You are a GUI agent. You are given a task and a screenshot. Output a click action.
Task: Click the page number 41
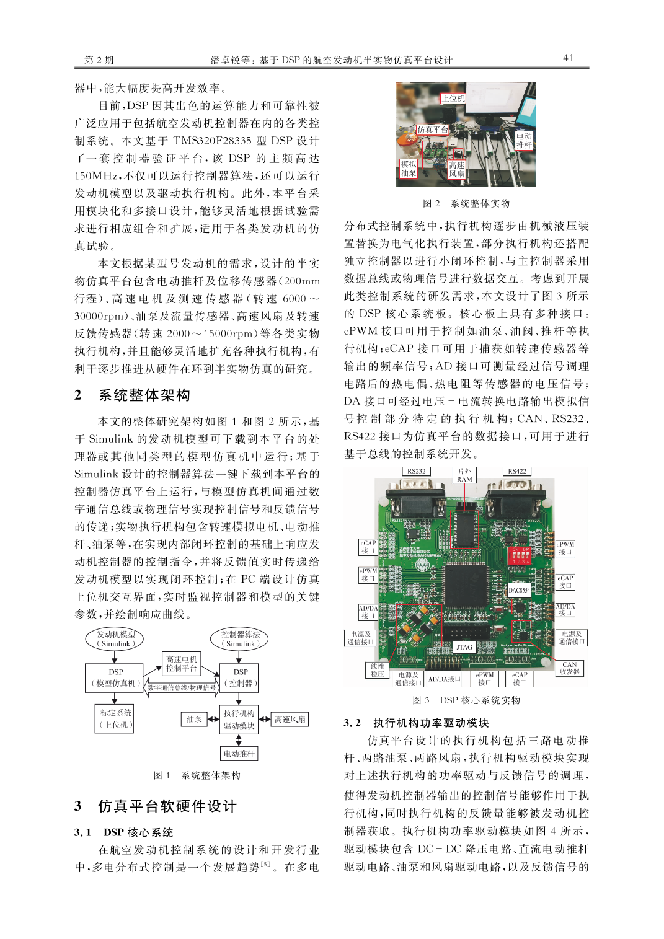pos(568,58)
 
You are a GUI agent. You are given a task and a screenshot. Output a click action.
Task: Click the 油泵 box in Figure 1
pos(194,719)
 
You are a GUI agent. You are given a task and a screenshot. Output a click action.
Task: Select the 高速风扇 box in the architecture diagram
pos(290,719)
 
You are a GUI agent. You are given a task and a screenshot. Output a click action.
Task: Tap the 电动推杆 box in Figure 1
pos(239,754)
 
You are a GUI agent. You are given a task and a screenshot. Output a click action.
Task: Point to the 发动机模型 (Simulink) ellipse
pos(115,639)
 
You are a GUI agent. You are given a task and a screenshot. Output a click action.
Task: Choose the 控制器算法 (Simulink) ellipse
pos(241,639)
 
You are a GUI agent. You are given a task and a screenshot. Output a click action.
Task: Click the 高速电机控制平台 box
pos(181,664)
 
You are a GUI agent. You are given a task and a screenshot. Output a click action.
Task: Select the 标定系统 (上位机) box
pos(116,718)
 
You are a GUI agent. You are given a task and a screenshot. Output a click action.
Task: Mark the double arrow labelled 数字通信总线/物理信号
pos(182,687)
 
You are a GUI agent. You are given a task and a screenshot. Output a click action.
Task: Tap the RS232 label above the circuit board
pos(417,471)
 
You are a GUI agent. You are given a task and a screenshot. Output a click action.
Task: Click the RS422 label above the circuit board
pos(517,471)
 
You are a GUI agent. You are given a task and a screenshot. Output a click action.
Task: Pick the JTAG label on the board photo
pos(464,647)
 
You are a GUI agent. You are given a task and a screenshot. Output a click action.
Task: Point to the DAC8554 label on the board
pos(519,590)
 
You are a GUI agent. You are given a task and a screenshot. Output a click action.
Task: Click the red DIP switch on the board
pos(519,554)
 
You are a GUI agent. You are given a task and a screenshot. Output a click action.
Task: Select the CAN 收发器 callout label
pos(569,668)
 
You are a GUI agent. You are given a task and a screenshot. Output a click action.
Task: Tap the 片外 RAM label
pos(464,475)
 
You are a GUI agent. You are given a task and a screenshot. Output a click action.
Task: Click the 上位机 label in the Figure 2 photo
pos(453,99)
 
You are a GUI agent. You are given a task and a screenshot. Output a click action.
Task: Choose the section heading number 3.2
pos(352,723)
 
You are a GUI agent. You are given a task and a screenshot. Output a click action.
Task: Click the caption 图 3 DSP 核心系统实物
pos(466,700)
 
